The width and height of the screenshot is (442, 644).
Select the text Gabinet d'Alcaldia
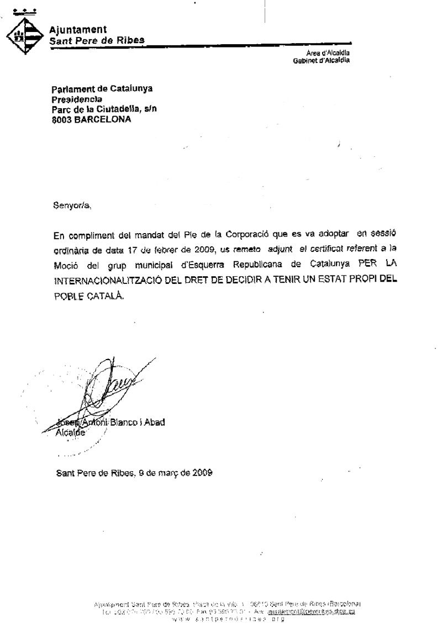(321, 60)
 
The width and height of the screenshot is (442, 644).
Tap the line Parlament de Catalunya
(102, 88)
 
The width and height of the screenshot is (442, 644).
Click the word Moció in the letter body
(65, 264)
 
